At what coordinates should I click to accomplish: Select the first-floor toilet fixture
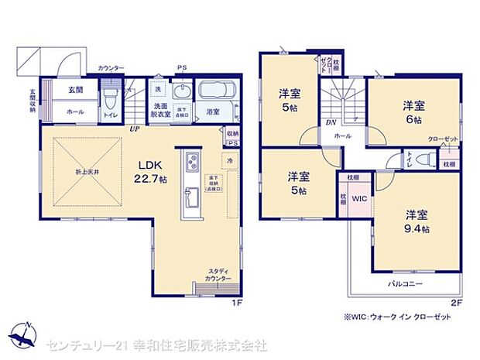click(x=111, y=98)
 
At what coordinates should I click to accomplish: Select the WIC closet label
click(x=358, y=197)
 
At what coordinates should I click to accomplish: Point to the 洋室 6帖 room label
click(x=411, y=112)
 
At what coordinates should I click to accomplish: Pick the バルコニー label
click(x=404, y=284)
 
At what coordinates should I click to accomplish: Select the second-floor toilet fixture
click(x=422, y=159)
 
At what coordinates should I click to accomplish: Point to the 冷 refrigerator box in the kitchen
click(x=230, y=160)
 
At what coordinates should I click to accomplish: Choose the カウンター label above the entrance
click(x=111, y=68)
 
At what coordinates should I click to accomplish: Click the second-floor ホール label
click(x=342, y=135)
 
